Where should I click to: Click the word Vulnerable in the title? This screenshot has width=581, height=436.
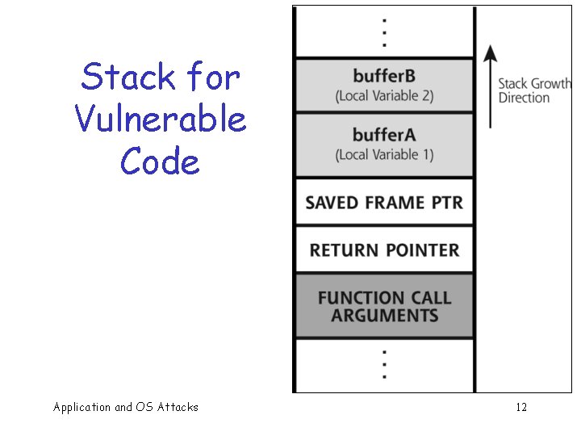click(160, 119)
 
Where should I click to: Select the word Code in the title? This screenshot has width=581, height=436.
click(160, 161)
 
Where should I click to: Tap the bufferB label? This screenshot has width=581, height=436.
click(384, 77)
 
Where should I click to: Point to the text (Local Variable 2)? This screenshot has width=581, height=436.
click(384, 95)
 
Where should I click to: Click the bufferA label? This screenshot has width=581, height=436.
click(384, 135)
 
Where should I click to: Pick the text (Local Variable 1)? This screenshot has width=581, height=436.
click(384, 153)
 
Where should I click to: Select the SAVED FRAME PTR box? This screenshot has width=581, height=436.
click(384, 202)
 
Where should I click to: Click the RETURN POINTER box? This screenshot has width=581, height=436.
click(384, 250)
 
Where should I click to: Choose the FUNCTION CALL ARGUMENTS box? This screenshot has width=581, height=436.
click(384, 306)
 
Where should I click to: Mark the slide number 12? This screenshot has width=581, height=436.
click(521, 407)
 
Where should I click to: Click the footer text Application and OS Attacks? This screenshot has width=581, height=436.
click(125, 407)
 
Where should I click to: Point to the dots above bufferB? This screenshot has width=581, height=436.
click(384, 32)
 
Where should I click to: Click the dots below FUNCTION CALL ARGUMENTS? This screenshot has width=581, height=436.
click(384, 365)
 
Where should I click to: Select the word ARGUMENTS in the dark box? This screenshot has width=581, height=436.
click(384, 315)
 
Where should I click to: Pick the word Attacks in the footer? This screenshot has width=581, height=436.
click(178, 407)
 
